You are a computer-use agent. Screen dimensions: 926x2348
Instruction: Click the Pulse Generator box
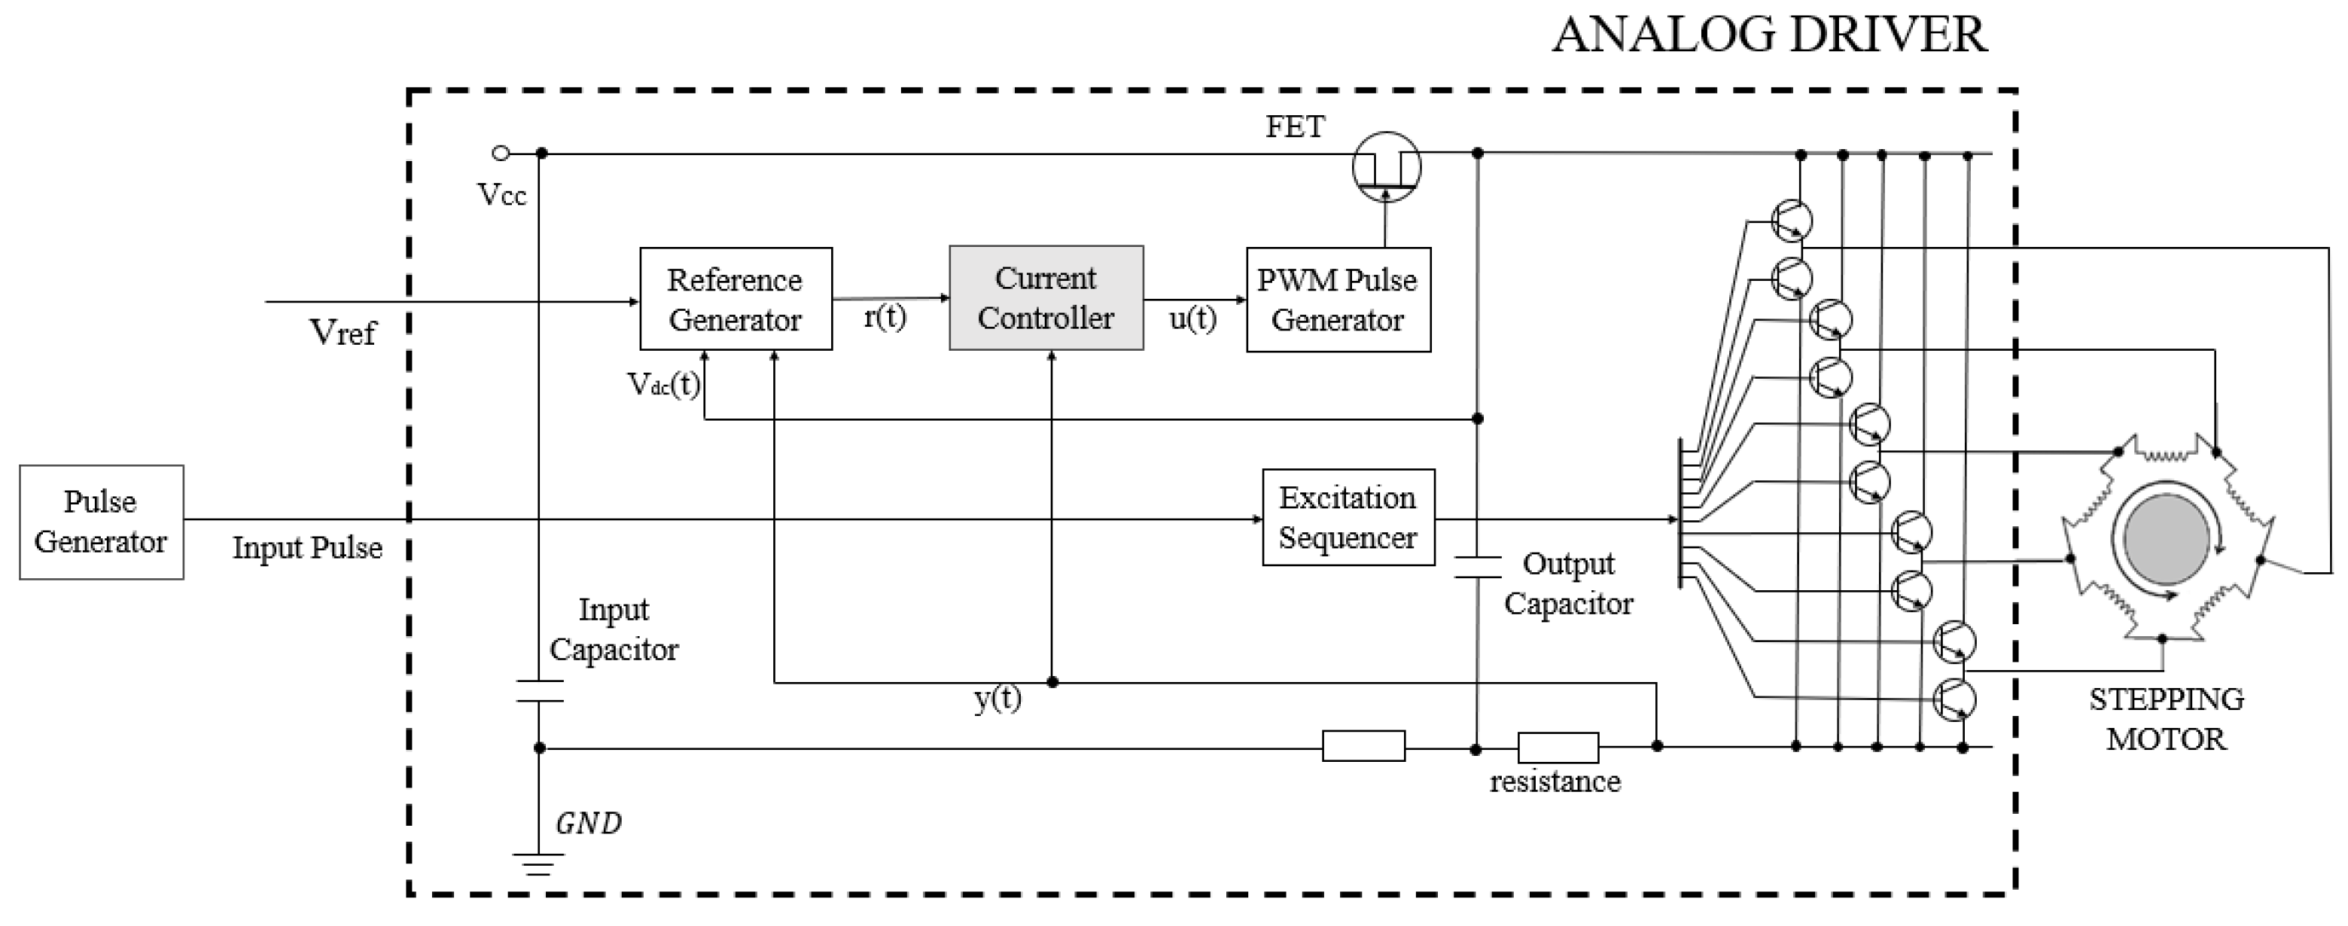click(101, 522)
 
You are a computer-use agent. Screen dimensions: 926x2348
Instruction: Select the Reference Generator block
click(735, 299)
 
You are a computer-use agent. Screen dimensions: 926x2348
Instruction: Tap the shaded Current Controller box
click(1046, 298)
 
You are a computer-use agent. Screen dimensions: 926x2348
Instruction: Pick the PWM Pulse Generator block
click(1337, 300)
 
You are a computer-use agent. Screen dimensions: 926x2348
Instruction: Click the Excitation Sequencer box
click(1348, 518)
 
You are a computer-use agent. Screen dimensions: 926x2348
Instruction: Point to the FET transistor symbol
click(1385, 168)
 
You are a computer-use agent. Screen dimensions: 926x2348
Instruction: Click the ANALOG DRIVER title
click(1768, 35)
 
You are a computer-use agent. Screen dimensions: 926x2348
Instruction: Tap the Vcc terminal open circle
click(501, 153)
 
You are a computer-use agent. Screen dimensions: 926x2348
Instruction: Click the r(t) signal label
click(884, 317)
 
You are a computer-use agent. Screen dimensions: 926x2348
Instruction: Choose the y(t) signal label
click(997, 699)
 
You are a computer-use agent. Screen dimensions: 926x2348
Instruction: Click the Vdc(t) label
click(663, 385)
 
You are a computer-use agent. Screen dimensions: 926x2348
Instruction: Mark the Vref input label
click(343, 333)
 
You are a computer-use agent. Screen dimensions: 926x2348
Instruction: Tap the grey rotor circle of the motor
click(2166, 537)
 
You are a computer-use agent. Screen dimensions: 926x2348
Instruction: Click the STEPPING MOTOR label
click(2166, 719)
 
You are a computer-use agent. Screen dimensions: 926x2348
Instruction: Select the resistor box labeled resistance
click(1558, 748)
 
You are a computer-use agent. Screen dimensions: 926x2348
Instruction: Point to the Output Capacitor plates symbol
click(1476, 567)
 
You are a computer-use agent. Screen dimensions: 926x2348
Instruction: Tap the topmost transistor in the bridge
click(1791, 221)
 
